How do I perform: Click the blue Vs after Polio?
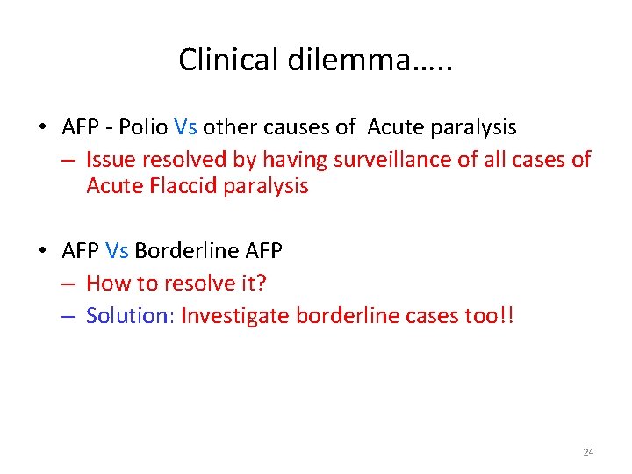click(186, 127)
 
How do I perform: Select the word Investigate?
click(234, 316)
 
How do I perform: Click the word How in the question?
click(105, 284)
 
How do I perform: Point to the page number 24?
click(588, 452)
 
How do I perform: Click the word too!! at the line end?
click(489, 316)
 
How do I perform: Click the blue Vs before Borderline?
click(117, 251)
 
